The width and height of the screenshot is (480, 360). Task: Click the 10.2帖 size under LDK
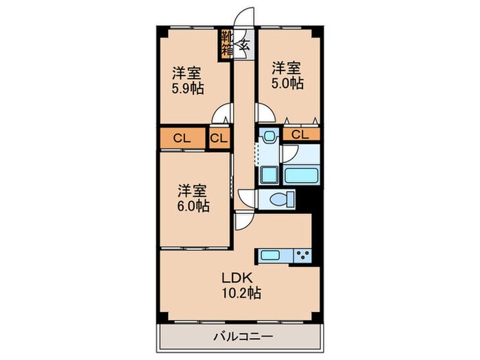pos(240,294)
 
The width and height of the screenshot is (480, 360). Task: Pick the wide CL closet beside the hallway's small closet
pos(182,138)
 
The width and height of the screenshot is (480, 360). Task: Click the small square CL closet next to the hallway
pos(219,138)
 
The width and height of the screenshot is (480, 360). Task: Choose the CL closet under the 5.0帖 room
pos(300,134)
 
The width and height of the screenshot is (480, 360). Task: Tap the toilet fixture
pos(280,200)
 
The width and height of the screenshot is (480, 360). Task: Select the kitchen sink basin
pos(269,256)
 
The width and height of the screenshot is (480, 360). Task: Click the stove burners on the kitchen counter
pos(302,256)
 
